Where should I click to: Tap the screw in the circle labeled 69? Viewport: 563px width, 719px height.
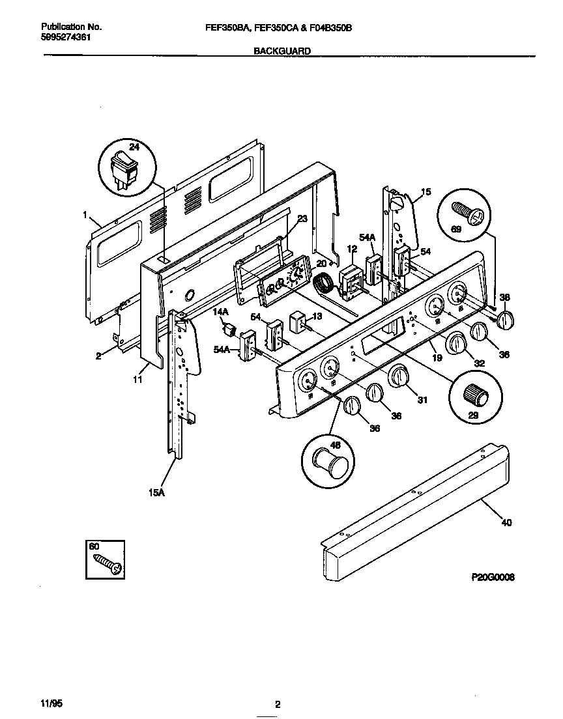[x=469, y=213]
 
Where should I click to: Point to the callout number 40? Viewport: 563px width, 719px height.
[x=507, y=522]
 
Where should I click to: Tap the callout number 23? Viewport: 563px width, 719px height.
[x=302, y=219]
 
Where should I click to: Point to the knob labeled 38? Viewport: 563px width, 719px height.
[x=506, y=320]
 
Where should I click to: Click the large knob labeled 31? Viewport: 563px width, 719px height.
[x=399, y=378]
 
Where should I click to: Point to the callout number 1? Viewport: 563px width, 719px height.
[x=85, y=214]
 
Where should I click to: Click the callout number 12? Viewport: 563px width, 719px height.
[x=352, y=249]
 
